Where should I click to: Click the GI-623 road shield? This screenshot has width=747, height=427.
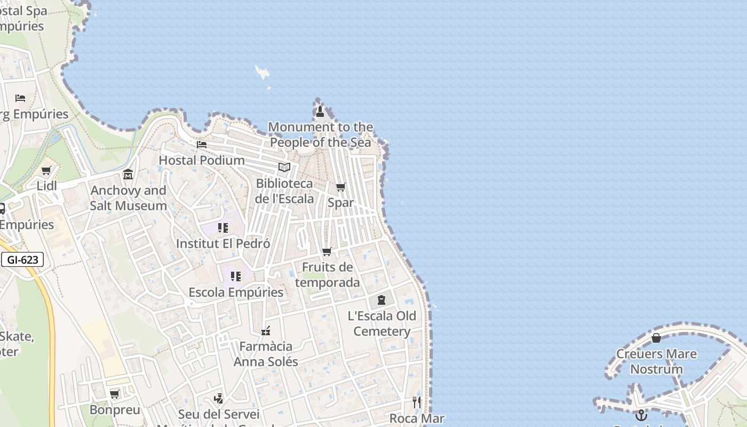(22, 260)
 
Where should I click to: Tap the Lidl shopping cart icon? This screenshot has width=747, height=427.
(46, 171)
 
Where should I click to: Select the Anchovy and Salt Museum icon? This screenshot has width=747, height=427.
(128, 175)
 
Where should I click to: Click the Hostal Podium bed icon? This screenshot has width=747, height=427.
(202, 145)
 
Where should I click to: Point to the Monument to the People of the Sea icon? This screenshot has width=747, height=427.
(320, 112)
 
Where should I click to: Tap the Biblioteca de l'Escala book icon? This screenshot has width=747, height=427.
(284, 168)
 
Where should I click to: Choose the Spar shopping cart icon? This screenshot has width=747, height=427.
(340, 187)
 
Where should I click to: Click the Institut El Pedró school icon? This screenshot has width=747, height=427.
(223, 228)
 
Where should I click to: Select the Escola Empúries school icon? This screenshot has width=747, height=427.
(236, 276)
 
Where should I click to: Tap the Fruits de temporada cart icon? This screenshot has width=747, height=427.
(327, 251)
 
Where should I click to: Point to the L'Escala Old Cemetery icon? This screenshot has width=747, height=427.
(382, 300)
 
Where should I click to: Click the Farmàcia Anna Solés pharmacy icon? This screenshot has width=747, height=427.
(266, 331)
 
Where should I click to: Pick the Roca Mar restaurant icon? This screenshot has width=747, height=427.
(417, 402)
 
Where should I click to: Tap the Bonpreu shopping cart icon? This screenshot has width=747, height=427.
(115, 394)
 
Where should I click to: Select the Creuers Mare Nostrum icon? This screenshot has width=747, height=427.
(656, 338)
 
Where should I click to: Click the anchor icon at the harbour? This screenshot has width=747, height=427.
(641, 415)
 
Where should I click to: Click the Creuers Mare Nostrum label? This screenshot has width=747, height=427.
(656, 361)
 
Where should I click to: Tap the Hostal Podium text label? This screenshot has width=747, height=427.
(202, 160)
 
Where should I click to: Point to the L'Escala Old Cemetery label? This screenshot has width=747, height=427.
(382, 323)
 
